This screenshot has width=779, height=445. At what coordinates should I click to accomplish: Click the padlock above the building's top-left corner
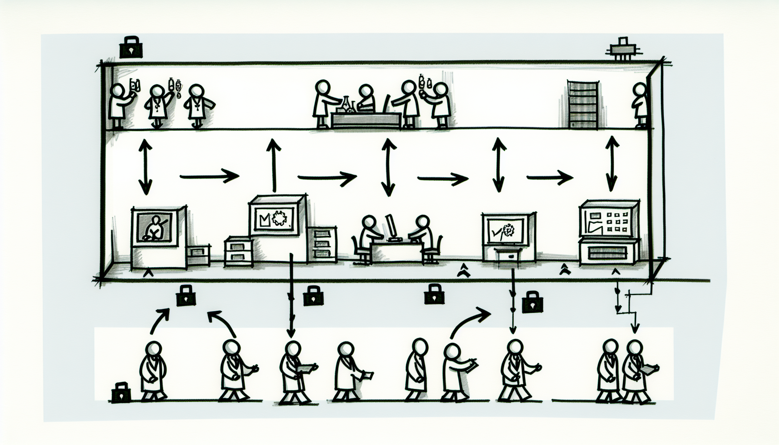coord(131,47)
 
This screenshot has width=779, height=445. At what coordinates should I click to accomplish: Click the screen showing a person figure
coord(154,226)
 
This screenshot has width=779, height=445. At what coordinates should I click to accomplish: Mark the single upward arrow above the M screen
coord(273,165)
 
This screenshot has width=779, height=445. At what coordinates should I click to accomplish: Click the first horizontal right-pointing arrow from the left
coord(209,176)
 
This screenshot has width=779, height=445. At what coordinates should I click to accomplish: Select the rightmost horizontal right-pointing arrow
coord(549,177)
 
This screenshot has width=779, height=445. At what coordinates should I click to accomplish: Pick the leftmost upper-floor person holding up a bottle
coord(120,105)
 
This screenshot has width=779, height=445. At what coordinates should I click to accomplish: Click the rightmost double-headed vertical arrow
coord(612,163)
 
